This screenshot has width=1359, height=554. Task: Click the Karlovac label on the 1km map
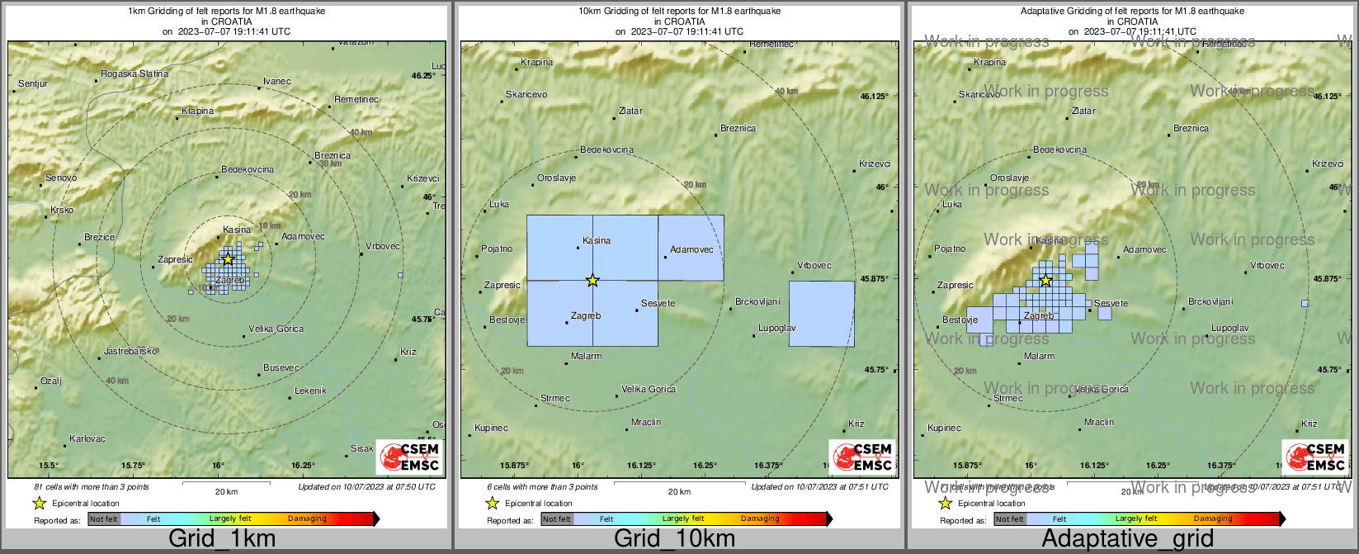[87, 439]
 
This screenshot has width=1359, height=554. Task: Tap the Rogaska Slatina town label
[134, 74]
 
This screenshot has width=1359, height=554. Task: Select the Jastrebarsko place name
[130, 352]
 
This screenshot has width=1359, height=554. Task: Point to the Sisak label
[362, 449]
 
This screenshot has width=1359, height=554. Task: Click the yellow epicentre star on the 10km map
[592, 281]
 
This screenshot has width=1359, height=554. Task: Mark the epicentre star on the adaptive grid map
[1045, 281]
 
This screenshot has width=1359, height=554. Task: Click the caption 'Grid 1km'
[222, 539]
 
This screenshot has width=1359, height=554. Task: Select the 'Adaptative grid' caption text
[1127, 539]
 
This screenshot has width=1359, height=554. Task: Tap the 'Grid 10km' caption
[674, 539]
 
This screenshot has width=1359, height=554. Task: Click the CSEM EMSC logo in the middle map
[861, 457]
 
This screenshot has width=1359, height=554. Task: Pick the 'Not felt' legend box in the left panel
[104, 519]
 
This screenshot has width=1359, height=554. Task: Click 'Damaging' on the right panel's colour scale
[1213, 519]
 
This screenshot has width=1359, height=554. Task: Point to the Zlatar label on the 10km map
[630, 111]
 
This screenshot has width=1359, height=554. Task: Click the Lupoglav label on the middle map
[777, 329]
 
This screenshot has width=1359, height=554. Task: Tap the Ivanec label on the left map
[277, 82]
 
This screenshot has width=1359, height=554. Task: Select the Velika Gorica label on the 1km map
[277, 329]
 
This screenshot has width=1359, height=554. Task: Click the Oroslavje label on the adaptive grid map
[1009, 178]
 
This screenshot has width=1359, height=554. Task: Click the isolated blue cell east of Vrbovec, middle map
[822, 314]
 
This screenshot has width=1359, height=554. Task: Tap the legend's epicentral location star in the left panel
[39, 504]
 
